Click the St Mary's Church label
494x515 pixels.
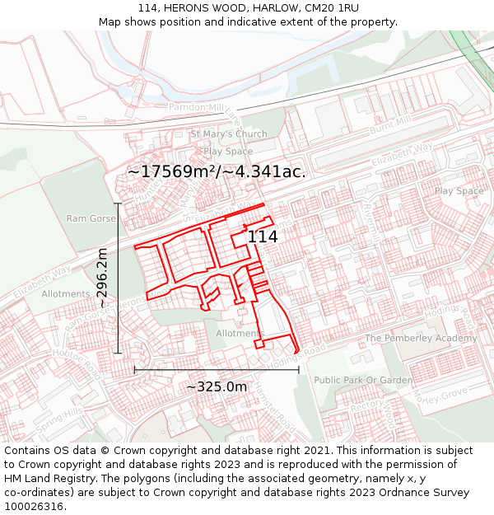coord(229,134)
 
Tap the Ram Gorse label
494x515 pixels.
coord(91,218)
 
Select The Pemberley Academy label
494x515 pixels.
coord(421,339)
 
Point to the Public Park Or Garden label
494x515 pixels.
coord(363,380)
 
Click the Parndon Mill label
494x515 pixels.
coord(196,107)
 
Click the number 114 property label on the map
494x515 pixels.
coord(263,236)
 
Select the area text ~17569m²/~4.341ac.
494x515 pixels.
coord(217,171)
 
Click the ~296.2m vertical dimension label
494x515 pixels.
coord(102,279)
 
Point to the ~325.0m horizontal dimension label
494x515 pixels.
coord(217,386)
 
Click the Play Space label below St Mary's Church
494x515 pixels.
coord(228,152)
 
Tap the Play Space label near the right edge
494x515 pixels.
coord(459,191)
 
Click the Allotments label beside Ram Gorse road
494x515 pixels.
coord(66,294)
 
